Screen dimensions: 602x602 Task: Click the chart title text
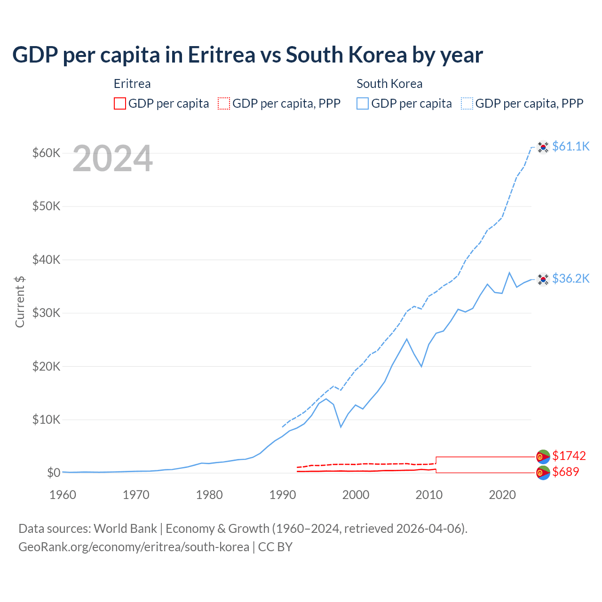[247, 55]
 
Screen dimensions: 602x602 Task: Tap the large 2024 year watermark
[112, 159]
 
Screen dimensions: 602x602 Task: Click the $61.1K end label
[570, 146]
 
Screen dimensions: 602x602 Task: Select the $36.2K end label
[570, 278]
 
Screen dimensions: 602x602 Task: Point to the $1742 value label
[569, 456]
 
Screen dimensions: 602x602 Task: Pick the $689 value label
[565, 472]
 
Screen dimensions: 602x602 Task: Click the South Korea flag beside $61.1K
[543, 147]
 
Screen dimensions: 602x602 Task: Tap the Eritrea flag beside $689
[543, 473]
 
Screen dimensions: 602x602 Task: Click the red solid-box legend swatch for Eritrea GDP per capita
[120, 103]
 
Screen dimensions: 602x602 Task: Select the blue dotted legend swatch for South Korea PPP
[467, 103]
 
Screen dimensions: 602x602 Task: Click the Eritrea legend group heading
[132, 84]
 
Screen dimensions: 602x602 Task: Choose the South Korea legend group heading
[389, 84]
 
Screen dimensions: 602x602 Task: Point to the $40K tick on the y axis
[46, 260]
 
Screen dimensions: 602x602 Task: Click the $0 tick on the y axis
[54, 473]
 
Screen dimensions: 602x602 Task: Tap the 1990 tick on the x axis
[283, 495]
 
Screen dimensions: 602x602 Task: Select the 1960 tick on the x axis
[63, 495]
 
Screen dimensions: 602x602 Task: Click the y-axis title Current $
[20, 301]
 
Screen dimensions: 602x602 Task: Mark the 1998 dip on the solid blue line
[341, 427]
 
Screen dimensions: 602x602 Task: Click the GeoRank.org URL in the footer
[134, 547]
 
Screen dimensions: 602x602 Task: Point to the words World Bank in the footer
[125, 529]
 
